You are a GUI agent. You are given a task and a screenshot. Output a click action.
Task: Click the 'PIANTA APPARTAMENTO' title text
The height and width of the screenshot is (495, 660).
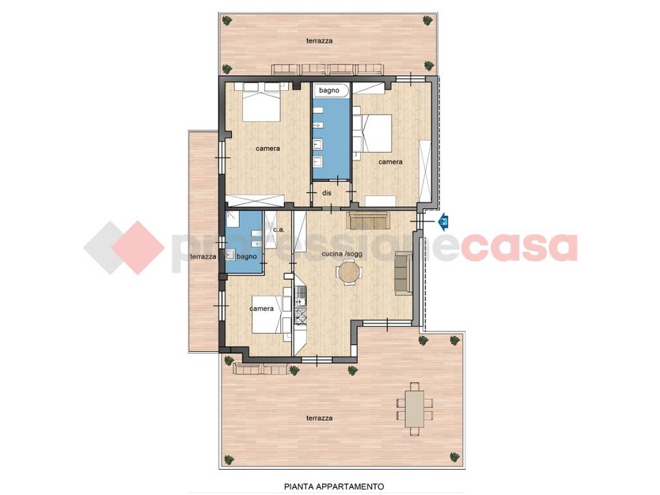click(335, 487)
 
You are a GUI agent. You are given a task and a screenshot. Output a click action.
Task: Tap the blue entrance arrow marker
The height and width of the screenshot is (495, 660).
click(443, 221)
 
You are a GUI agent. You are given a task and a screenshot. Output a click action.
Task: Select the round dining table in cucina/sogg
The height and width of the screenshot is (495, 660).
click(350, 273)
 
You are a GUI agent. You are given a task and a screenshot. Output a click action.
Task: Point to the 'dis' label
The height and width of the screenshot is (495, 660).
click(327, 193)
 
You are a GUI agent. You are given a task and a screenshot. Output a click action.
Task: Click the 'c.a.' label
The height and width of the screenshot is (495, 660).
click(278, 230)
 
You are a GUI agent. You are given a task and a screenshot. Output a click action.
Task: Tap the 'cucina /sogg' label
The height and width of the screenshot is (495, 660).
click(342, 254)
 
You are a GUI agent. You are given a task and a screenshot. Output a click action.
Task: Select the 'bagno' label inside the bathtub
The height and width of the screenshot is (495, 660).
click(329, 90)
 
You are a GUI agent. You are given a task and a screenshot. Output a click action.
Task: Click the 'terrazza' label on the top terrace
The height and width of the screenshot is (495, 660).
click(320, 41)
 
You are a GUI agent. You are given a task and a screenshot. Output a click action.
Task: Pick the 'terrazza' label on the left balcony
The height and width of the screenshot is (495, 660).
click(203, 257)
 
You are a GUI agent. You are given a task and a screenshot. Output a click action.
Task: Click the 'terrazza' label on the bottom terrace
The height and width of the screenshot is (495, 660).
click(320, 418)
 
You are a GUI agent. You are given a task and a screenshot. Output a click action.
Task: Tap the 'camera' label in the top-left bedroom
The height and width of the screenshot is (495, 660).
click(267, 148)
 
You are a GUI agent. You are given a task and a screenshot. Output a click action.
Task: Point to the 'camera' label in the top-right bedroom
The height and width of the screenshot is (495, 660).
click(390, 162)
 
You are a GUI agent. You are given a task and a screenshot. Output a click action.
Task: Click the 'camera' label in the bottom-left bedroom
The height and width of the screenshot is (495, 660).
click(262, 309)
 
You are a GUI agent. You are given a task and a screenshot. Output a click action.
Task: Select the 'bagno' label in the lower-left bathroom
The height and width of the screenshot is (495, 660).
click(247, 257)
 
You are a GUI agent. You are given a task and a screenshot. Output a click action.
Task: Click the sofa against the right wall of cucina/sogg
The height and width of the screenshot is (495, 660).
click(403, 273)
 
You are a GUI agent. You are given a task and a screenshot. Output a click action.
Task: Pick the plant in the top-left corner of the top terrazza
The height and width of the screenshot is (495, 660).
click(228, 20)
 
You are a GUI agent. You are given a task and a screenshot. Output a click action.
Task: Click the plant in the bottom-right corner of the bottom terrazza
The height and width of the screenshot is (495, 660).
click(454, 458)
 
